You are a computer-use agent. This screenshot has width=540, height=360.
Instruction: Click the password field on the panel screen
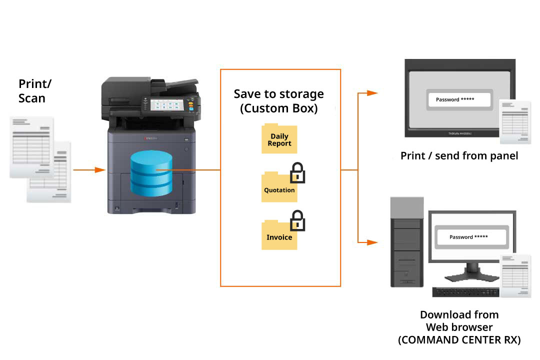[459, 99]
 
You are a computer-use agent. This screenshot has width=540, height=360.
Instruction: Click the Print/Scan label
[34, 91]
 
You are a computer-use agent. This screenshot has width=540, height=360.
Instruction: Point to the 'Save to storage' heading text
[278, 94]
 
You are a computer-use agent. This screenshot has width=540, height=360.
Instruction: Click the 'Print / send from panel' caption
[459, 156]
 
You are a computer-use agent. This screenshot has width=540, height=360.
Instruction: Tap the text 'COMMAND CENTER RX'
[459, 340]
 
